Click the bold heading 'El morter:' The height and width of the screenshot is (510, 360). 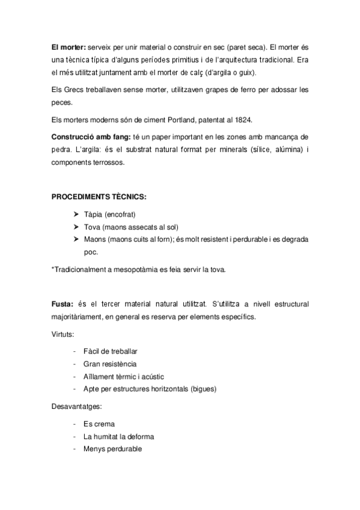coord(69,46)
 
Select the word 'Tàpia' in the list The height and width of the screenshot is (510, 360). coord(93,215)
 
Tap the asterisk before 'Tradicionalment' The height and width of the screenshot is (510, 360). coord(53,269)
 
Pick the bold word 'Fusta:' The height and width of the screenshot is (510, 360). coord(63,306)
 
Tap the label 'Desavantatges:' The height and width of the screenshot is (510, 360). coord(76,407)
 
